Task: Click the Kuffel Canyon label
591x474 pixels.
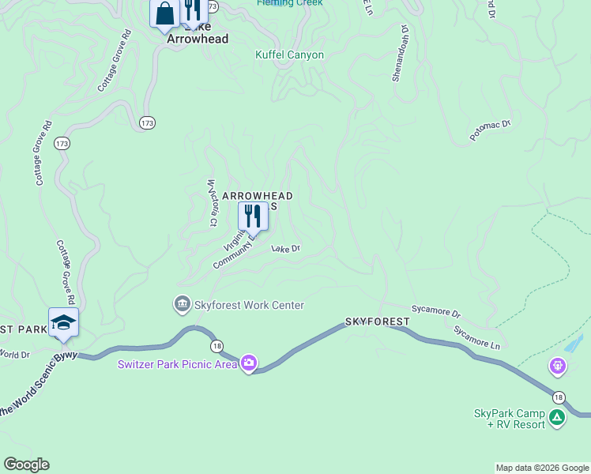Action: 289,55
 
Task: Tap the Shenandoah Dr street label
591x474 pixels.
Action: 400,53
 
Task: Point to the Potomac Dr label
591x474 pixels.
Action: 491,130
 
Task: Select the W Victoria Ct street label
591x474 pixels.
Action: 212,202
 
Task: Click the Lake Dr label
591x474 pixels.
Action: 286,249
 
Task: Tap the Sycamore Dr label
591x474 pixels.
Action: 435,312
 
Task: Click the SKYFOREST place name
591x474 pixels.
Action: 377,322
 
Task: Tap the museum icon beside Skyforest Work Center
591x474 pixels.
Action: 182,304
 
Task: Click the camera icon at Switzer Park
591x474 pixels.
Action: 249,363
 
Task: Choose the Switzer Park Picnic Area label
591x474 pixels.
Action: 178,364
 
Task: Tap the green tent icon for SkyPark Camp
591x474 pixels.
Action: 557,417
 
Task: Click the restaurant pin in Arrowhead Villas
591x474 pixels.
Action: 253,216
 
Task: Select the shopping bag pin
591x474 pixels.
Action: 165,14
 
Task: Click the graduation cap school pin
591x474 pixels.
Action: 63,322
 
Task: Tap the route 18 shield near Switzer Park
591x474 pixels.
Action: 216,347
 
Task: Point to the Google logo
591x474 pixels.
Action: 26,465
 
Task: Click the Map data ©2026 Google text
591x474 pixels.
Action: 542,468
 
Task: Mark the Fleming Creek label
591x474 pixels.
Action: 289,3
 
